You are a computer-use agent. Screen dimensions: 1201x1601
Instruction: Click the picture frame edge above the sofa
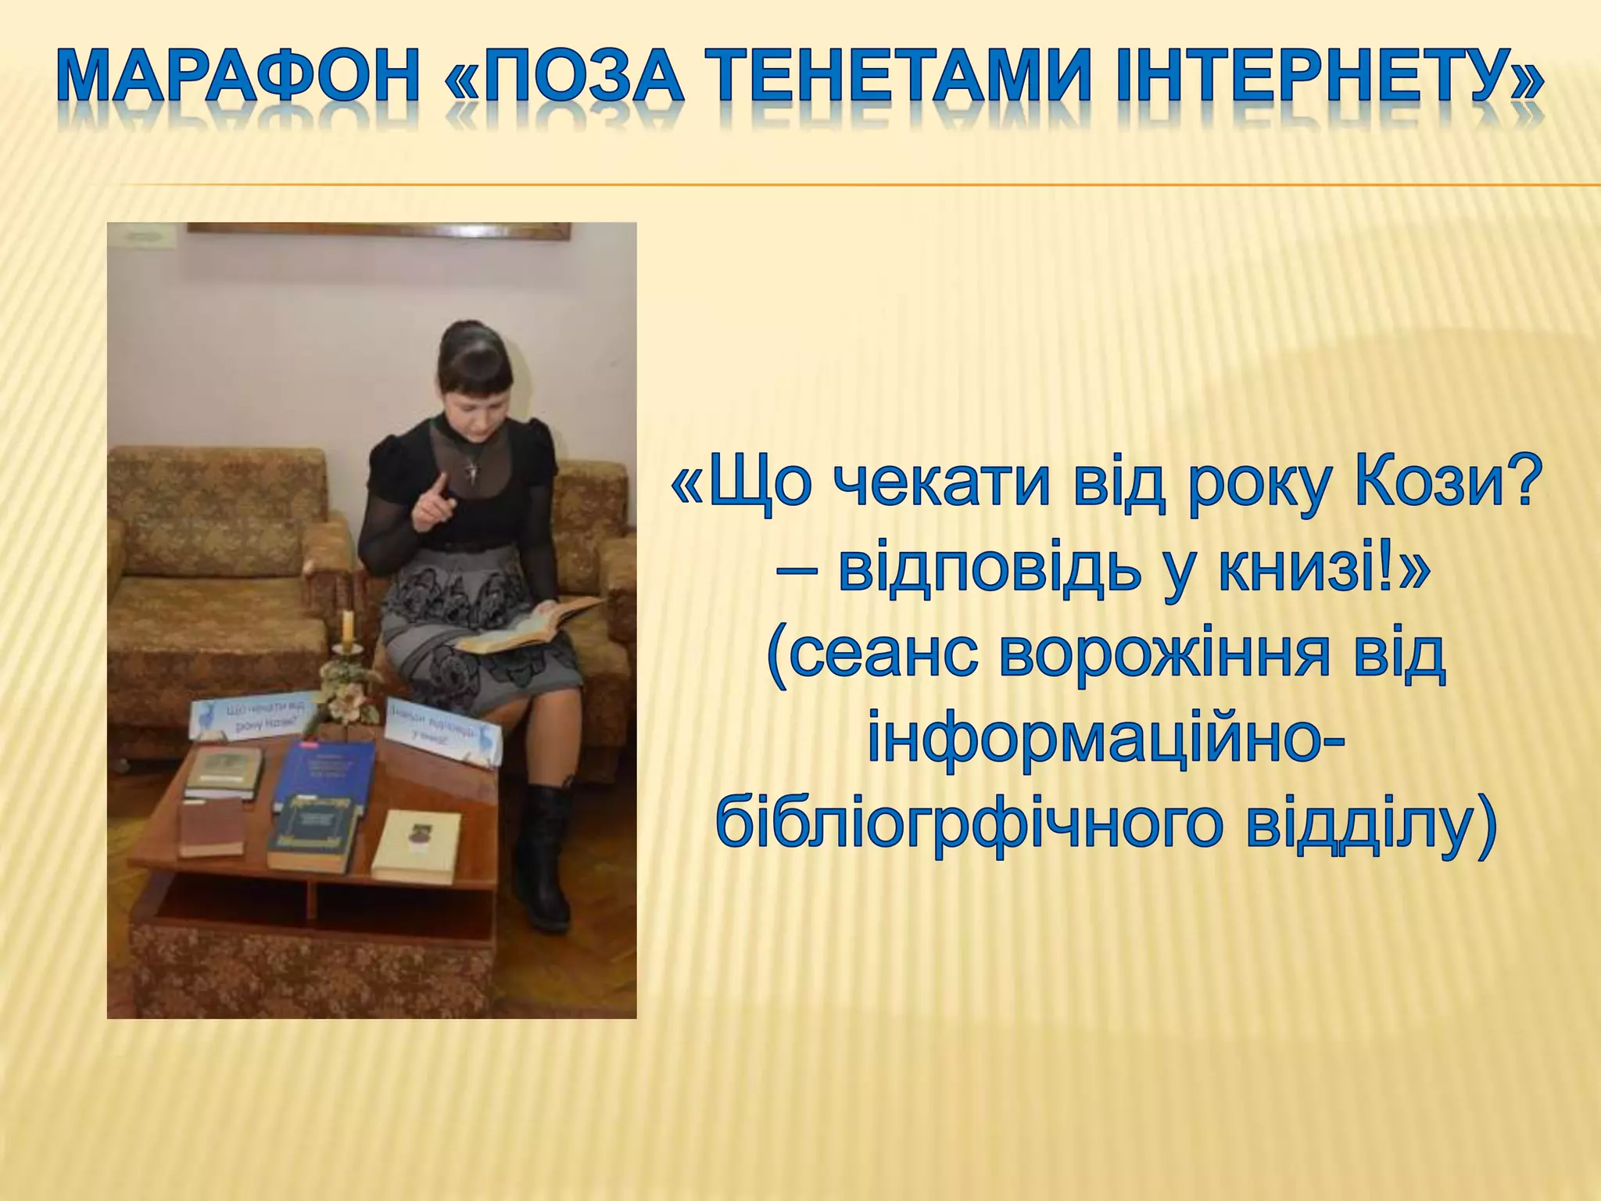(375, 230)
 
